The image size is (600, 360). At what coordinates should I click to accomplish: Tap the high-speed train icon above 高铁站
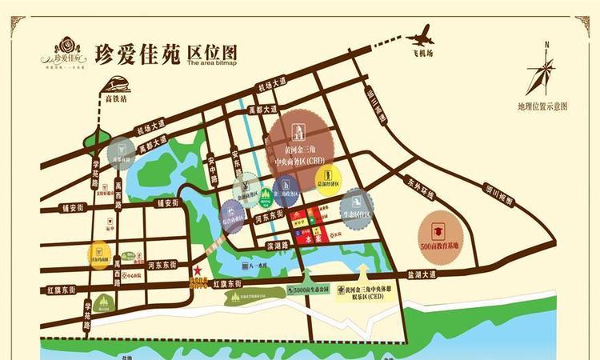[117, 84]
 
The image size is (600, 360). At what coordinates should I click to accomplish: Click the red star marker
[197, 271]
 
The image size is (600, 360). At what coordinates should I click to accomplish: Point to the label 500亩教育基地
[439, 246]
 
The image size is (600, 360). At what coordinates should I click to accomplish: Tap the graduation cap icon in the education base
[439, 230]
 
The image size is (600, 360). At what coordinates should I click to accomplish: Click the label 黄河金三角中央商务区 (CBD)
[298, 155]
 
